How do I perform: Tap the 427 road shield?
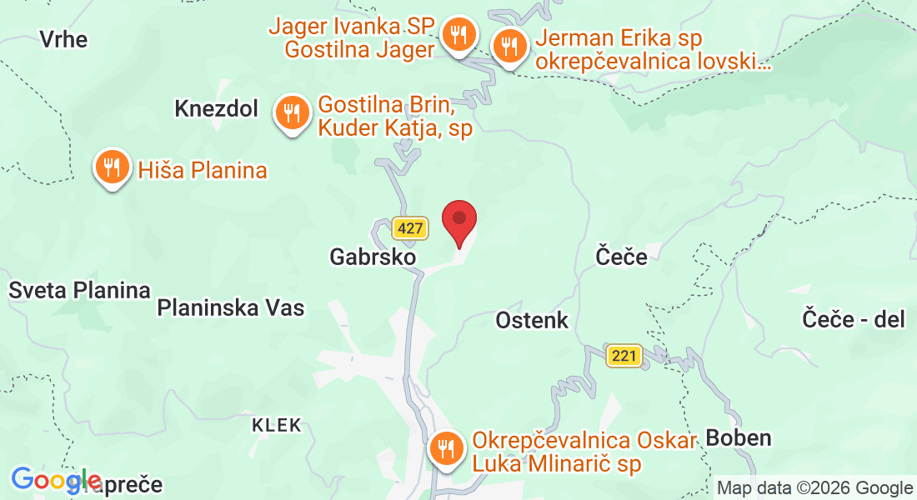click(410, 228)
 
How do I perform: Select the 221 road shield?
click(624, 356)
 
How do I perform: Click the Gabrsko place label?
click(373, 257)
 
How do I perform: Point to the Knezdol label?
click(217, 108)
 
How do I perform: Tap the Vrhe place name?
click(63, 39)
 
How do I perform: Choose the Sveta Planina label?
click(79, 290)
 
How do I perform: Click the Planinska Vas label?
click(231, 307)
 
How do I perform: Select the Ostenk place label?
click(532, 319)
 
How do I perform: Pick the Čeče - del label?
click(854, 318)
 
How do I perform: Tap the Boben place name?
click(739, 437)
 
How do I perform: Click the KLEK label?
click(277, 425)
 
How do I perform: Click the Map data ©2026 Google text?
click(814, 488)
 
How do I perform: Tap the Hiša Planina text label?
click(203, 171)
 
